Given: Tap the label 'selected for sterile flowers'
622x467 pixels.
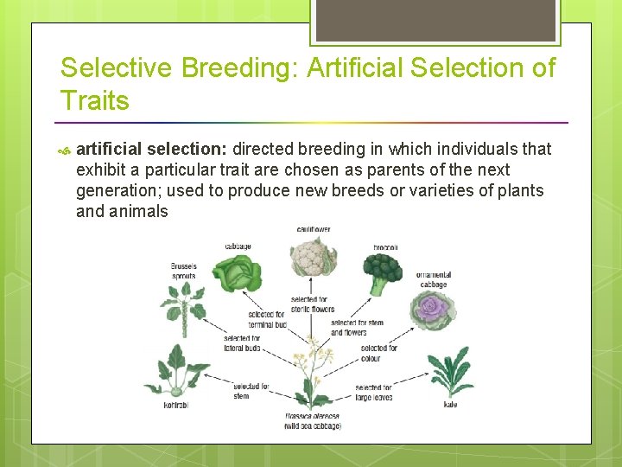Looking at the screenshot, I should click(313, 304).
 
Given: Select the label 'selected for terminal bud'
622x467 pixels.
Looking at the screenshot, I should click(267, 319).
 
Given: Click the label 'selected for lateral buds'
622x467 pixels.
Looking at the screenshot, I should click(242, 342).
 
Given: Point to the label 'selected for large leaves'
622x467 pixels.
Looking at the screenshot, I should click(373, 392).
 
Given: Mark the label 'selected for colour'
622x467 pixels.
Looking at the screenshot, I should click(378, 353).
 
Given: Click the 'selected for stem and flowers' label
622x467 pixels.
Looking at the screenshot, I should click(357, 328).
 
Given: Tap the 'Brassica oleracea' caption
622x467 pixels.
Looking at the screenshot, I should click(312, 417).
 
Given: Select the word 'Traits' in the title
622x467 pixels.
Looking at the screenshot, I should click(95, 100).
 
